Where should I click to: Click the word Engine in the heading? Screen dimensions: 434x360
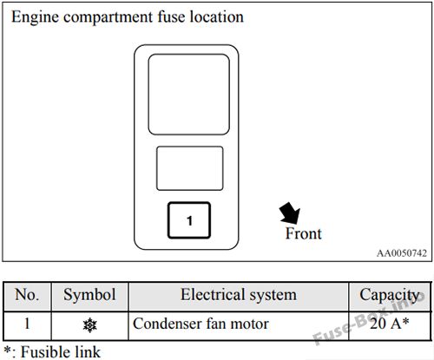tap(35, 17)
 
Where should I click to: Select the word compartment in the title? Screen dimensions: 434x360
tap(108, 17)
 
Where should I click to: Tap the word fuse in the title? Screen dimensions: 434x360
tap(171, 16)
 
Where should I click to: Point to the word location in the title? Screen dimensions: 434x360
tap(216, 16)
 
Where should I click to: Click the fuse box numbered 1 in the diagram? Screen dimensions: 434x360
tap(189, 220)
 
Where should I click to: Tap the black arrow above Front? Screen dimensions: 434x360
tap(290, 213)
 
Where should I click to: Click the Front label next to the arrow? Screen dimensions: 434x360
tap(304, 233)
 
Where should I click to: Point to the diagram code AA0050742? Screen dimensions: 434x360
tap(402, 253)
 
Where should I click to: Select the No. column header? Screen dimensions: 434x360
tap(27, 295)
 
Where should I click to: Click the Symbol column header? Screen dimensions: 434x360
tap(89, 295)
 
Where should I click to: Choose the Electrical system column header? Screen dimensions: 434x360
tap(239, 295)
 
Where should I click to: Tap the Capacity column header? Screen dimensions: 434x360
tap(390, 296)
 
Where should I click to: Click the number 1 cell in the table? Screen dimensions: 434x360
tap(27, 324)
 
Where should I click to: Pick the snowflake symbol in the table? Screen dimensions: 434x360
tap(90, 325)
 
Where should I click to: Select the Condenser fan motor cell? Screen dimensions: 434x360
tap(201, 324)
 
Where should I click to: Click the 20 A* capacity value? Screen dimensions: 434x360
tap(389, 324)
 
